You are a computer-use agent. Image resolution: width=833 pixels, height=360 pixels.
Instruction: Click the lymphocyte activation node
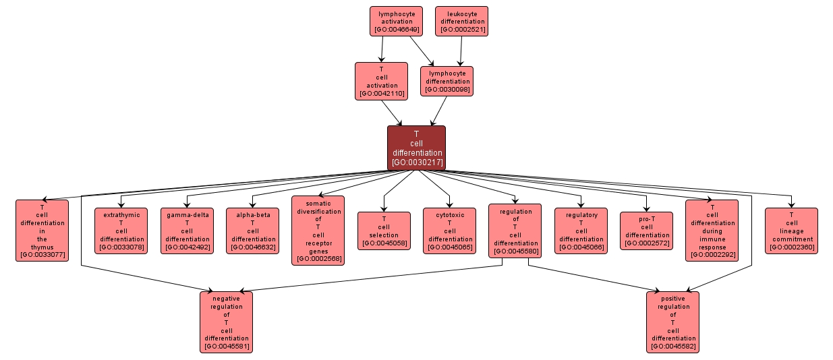coord(395,21)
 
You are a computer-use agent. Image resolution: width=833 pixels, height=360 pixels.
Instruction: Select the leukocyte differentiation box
coord(461,21)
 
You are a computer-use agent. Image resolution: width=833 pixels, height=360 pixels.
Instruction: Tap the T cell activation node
coord(381,81)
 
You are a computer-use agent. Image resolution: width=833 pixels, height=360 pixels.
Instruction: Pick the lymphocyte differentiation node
coord(447,81)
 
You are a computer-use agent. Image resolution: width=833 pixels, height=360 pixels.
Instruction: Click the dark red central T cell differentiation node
coord(416,148)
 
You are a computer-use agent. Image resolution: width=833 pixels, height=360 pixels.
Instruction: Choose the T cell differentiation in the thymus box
coord(42,231)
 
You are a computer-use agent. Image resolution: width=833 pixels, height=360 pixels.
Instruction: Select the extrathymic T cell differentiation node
coord(122,231)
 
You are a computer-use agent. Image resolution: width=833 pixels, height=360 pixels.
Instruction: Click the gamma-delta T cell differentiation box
coord(188,231)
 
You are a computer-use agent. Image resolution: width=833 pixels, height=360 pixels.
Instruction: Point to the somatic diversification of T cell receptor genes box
coord(318,231)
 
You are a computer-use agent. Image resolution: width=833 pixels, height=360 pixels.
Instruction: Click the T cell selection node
coord(384,231)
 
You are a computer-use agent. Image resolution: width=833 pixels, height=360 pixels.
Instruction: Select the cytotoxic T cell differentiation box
coord(450,231)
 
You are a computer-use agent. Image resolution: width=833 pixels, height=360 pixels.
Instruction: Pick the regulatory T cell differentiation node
coord(581,231)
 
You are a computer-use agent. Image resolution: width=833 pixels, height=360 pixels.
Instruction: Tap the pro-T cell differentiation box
coord(646,231)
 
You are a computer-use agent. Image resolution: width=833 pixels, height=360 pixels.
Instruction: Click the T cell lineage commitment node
coord(791,231)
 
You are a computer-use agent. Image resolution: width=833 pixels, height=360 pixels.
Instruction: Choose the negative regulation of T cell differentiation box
coord(226,322)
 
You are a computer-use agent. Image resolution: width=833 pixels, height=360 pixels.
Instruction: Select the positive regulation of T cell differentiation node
coord(672,322)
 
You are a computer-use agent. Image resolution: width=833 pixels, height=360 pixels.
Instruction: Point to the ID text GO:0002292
coord(712,255)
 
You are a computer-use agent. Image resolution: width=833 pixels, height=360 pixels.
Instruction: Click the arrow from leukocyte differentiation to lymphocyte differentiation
coord(461,51)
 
